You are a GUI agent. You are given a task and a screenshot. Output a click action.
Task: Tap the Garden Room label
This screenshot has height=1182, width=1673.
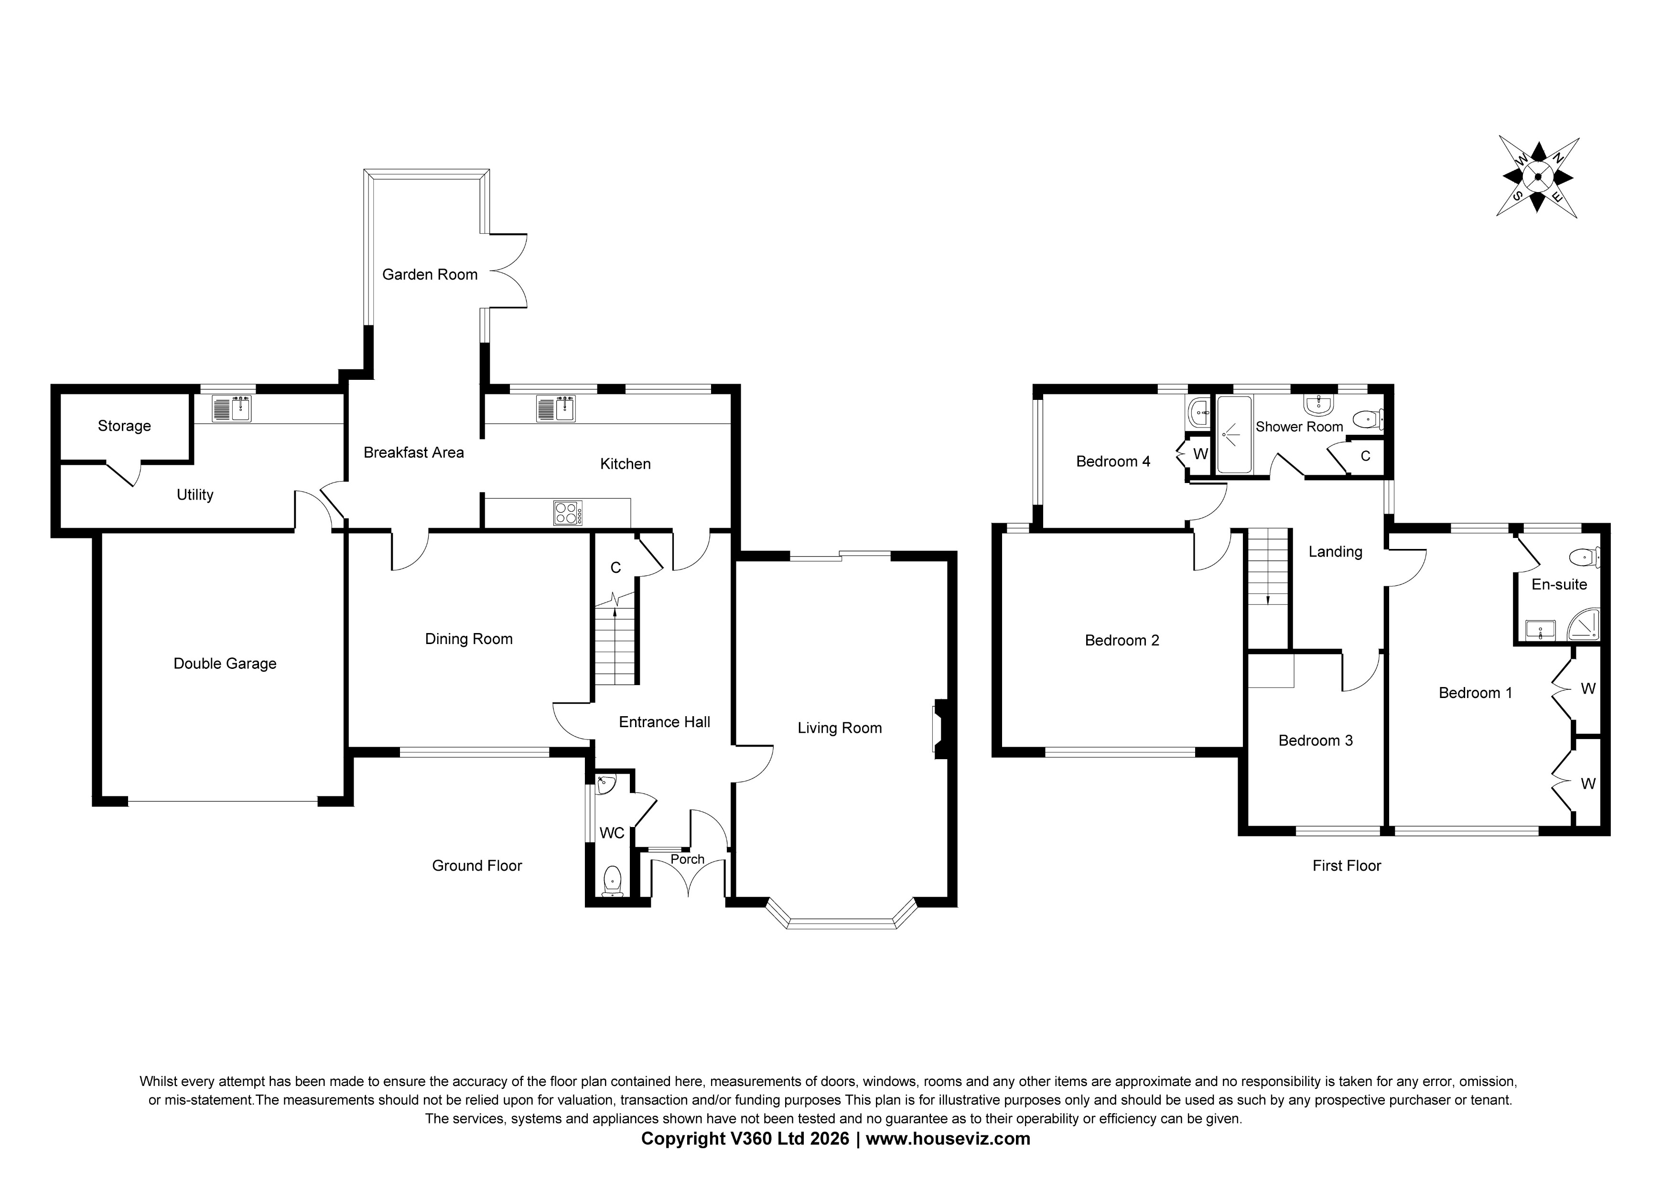coord(430,275)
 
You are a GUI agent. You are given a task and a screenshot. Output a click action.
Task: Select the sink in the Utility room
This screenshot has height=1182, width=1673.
coord(232,409)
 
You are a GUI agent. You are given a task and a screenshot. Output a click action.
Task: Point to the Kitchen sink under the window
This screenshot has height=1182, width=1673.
coord(556,409)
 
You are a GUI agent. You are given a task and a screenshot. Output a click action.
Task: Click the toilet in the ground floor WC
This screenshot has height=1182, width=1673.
coord(613,881)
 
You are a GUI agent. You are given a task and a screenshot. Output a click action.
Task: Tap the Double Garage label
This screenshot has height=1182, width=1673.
coord(225,664)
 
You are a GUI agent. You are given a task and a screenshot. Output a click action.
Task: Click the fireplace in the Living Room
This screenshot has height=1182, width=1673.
coord(940,729)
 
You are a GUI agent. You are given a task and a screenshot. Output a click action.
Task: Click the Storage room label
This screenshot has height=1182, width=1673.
coord(124,426)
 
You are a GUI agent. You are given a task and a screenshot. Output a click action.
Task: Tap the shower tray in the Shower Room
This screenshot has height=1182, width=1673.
coord(1234,435)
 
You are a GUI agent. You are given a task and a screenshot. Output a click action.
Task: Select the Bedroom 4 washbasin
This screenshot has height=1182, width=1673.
coord(1198,413)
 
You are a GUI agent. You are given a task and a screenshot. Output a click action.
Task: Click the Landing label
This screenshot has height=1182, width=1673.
coord(1335,552)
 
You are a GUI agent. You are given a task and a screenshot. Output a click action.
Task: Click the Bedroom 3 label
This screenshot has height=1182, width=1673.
coord(1315,741)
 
